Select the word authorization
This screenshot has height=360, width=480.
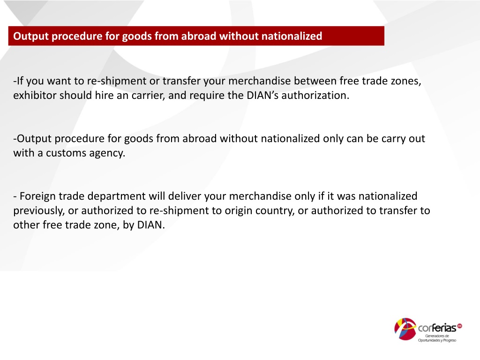(315, 96)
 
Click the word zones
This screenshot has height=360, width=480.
(406, 81)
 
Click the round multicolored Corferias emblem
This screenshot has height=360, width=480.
(405, 329)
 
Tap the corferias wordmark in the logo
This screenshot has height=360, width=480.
(437, 328)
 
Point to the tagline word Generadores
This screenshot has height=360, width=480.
(433, 336)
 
